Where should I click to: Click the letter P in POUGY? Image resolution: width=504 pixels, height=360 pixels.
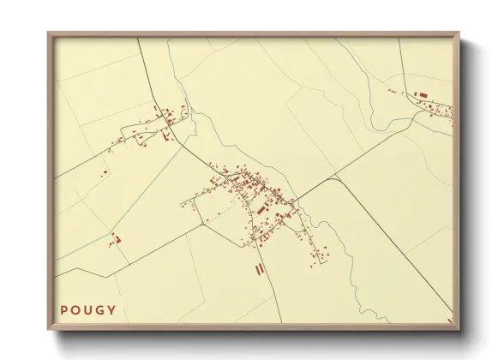(64, 310)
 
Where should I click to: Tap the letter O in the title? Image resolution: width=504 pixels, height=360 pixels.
(77, 310)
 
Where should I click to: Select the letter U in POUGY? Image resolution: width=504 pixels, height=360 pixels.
(89, 310)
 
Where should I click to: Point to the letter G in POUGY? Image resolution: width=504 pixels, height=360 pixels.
(101, 310)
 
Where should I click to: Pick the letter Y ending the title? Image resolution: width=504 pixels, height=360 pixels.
(112, 310)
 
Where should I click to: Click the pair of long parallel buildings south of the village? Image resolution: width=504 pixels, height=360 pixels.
(259, 269)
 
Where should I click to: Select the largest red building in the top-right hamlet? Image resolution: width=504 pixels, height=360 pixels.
(420, 94)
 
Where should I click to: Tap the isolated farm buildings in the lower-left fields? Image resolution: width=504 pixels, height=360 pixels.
(117, 239)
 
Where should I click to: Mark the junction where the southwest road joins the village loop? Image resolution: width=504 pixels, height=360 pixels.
(204, 222)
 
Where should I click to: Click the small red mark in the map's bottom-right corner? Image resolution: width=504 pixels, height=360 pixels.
(449, 321)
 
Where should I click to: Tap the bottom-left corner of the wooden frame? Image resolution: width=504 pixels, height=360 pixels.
(48, 330)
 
